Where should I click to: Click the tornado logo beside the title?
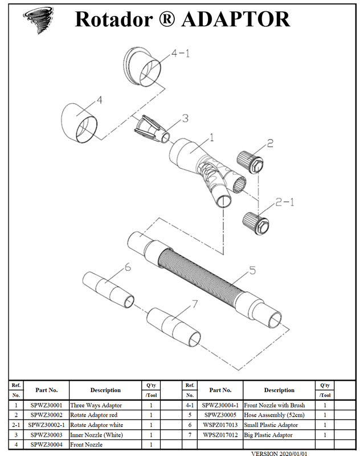tap(39, 20)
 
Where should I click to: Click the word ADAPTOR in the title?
tap(236, 19)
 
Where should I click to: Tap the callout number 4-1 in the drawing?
tap(181, 53)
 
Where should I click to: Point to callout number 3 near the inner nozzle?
tap(185, 118)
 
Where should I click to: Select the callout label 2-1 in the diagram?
tap(285, 202)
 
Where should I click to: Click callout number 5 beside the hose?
tap(252, 270)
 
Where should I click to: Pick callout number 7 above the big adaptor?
tap(194, 304)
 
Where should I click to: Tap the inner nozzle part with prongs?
tap(152, 129)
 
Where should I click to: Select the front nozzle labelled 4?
tap(79, 123)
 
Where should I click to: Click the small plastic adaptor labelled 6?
tap(108, 290)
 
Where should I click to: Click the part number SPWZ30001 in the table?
tap(47, 405)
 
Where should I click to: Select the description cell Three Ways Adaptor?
tap(96, 405)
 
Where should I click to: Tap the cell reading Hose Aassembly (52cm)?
tap(275, 415)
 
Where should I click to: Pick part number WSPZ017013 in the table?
tap(220, 425)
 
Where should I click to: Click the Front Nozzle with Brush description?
tap(275, 405)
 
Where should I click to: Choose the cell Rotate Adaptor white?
tap(97, 425)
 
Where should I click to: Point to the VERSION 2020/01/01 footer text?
tap(279, 453)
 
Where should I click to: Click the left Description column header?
tap(105, 390)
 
